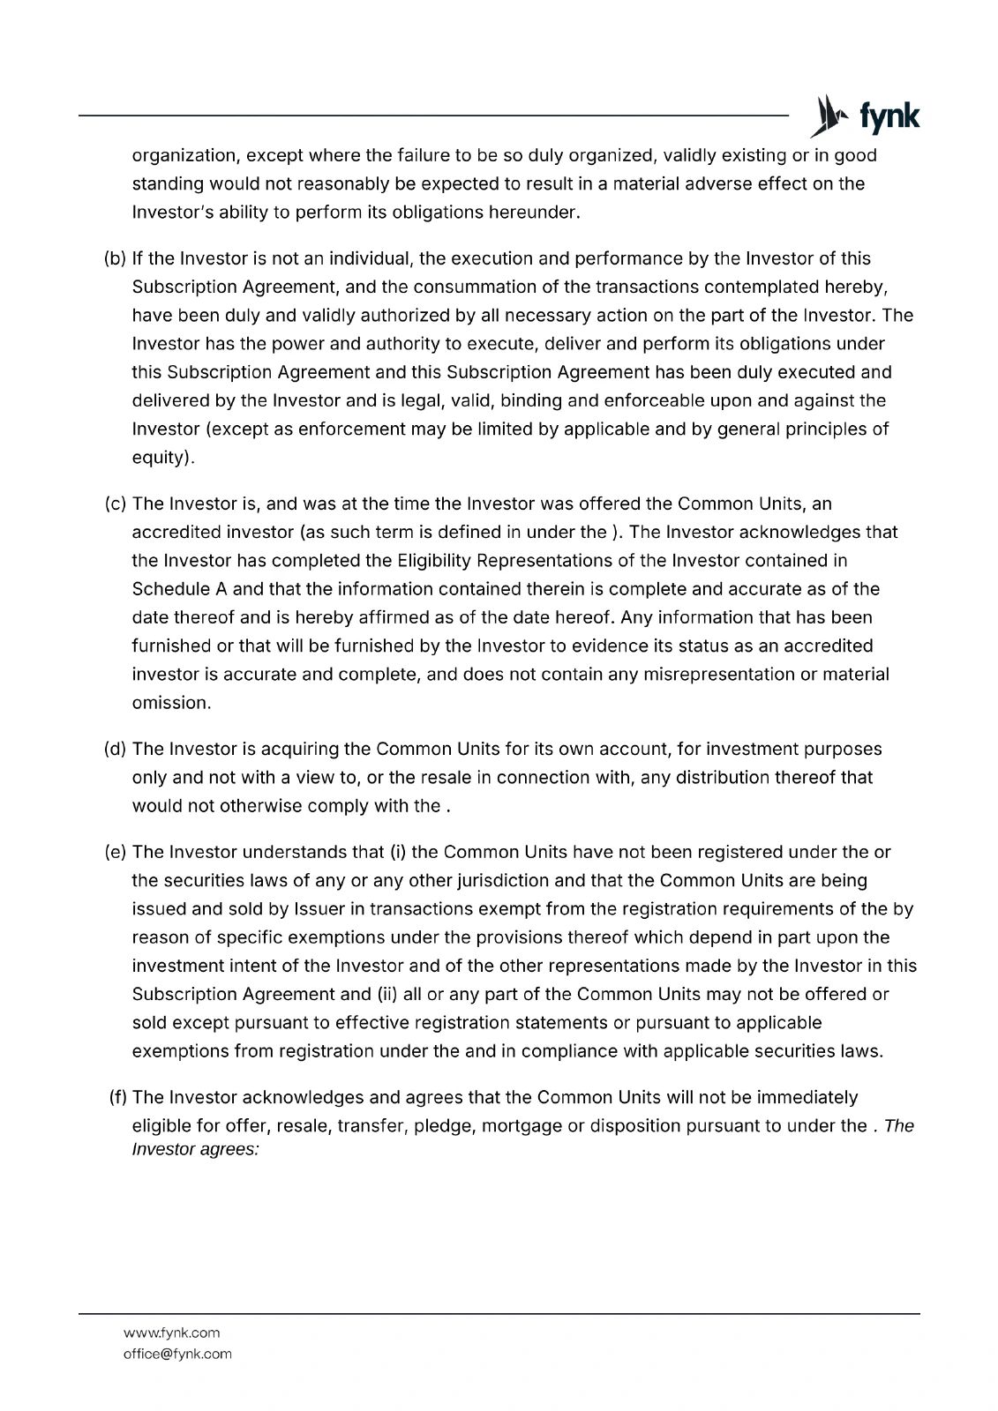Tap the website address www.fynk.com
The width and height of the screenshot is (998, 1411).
point(171,1333)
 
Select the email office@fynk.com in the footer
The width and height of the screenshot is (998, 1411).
point(177,1354)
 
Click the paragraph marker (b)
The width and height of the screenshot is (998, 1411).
point(115,258)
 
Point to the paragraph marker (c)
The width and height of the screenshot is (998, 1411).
point(115,504)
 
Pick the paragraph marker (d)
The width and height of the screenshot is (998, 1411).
point(115,749)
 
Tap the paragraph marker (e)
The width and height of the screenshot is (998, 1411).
point(115,852)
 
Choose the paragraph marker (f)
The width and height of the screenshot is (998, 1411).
point(117,1097)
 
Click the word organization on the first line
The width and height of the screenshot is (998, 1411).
point(185,156)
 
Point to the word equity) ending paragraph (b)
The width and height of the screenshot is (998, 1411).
point(162,458)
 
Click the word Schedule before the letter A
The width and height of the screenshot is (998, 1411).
point(167,589)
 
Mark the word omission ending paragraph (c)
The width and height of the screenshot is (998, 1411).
point(170,703)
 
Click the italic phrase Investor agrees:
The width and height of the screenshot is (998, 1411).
point(195,1151)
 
